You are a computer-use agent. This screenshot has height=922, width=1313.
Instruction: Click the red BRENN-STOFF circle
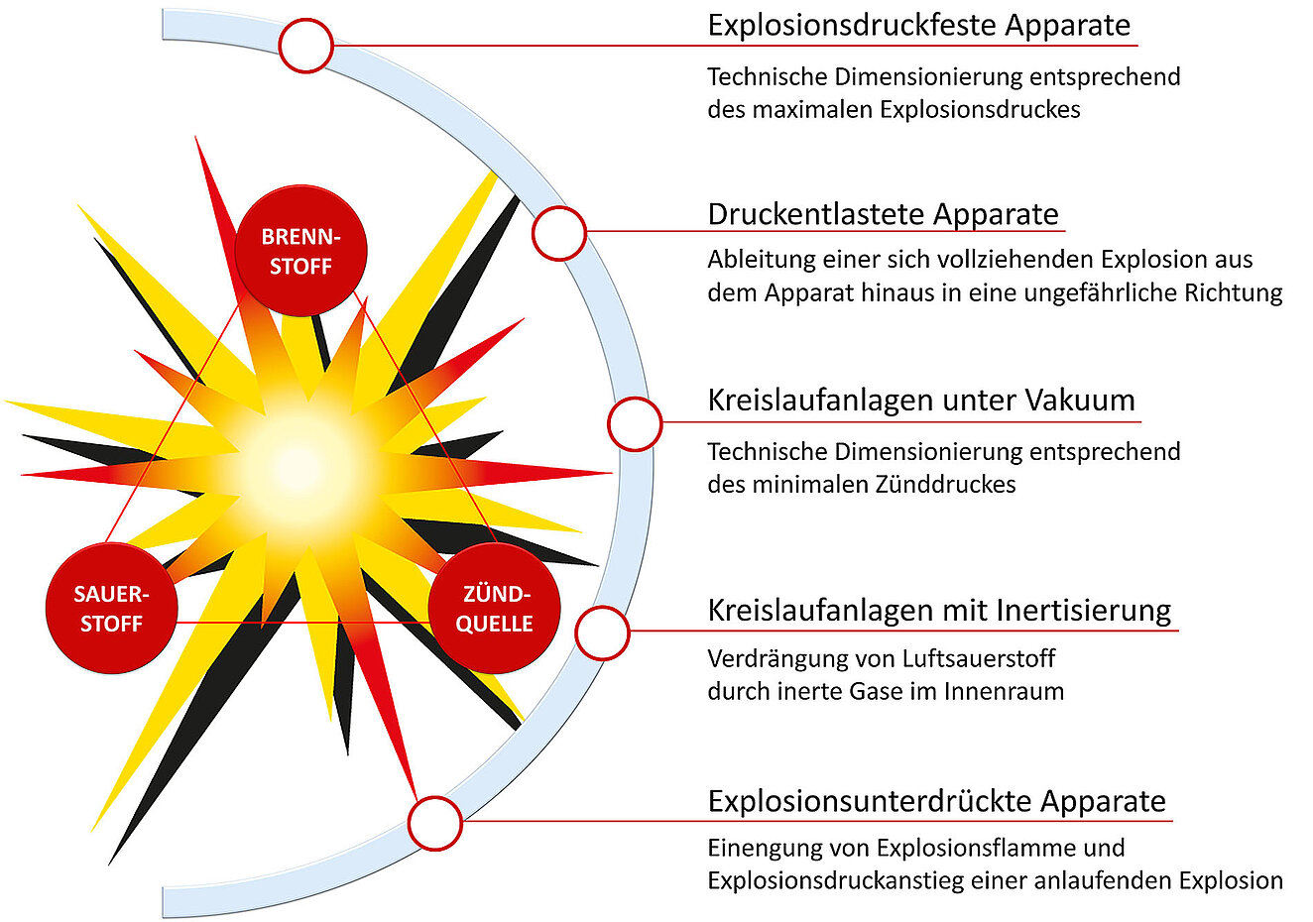(300, 251)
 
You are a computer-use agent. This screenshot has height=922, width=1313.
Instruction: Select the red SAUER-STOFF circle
(111, 608)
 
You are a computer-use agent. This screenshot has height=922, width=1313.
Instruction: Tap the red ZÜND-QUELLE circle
(494, 608)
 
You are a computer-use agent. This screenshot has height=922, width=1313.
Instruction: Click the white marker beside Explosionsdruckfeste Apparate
(306, 46)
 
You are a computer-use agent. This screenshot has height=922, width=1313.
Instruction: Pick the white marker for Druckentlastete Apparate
(559, 233)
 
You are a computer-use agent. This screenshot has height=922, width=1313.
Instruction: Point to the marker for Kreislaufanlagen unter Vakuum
(635, 423)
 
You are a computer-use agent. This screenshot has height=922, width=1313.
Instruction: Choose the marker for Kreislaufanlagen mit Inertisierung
(603, 634)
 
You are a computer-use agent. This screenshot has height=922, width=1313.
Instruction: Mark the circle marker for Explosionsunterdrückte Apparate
(435, 823)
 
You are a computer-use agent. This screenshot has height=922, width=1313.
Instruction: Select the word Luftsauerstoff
(978, 658)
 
